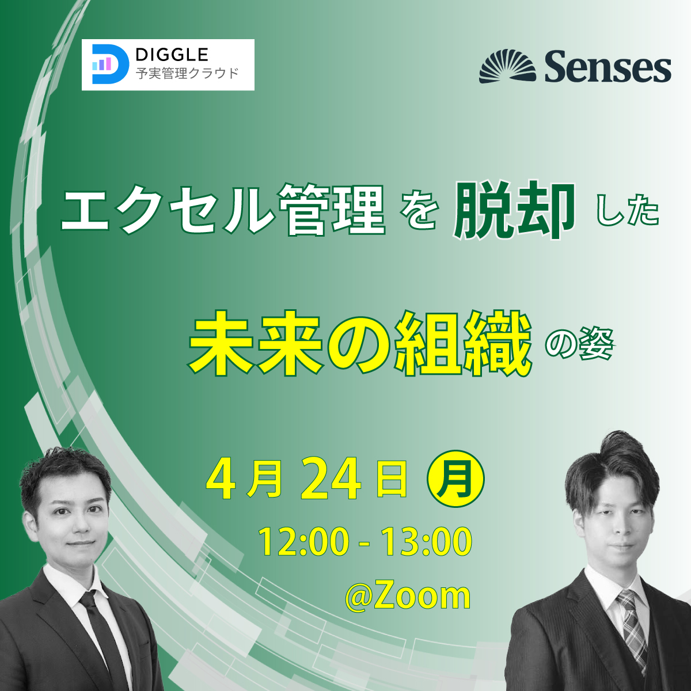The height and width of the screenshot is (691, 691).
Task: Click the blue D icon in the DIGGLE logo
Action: pyautogui.click(x=110, y=64)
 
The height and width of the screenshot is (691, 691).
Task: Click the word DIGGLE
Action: pyautogui.click(x=172, y=55)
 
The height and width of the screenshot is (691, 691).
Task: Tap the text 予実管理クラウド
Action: pyautogui.click(x=187, y=74)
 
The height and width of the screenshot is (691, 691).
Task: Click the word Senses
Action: pyautogui.click(x=608, y=67)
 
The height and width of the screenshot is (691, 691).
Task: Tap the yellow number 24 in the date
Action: pyautogui.click(x=331, y=479)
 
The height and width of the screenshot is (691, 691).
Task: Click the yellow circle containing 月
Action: pyautogui.click(x=455, y=479)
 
